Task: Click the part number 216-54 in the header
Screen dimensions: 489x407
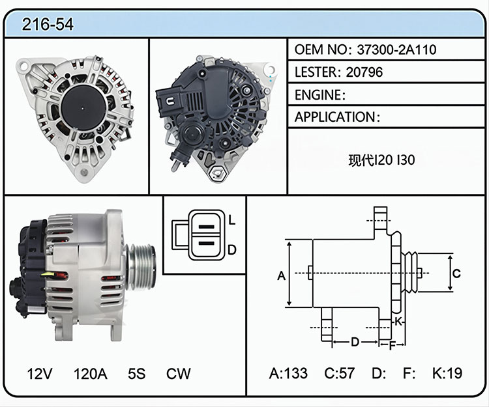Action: click(x=48, y=24)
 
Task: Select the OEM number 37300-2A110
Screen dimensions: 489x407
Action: click(x=396, y=49)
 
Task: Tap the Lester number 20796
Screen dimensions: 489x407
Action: click(x=364, y=72)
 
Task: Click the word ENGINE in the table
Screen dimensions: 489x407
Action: click(x=318, y=94)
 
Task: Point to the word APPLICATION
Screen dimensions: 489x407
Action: click(x=334, y=117)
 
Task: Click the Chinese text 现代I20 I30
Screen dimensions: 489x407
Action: click(x=381, y=160)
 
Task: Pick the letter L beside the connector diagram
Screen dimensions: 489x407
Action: click(x=231, y=220)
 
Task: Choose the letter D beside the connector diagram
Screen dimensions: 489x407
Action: click(x=232, y=250)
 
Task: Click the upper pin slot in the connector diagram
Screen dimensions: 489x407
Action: click(x=207, y=227)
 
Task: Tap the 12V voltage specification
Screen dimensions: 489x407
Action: click(x=40, y=373)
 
